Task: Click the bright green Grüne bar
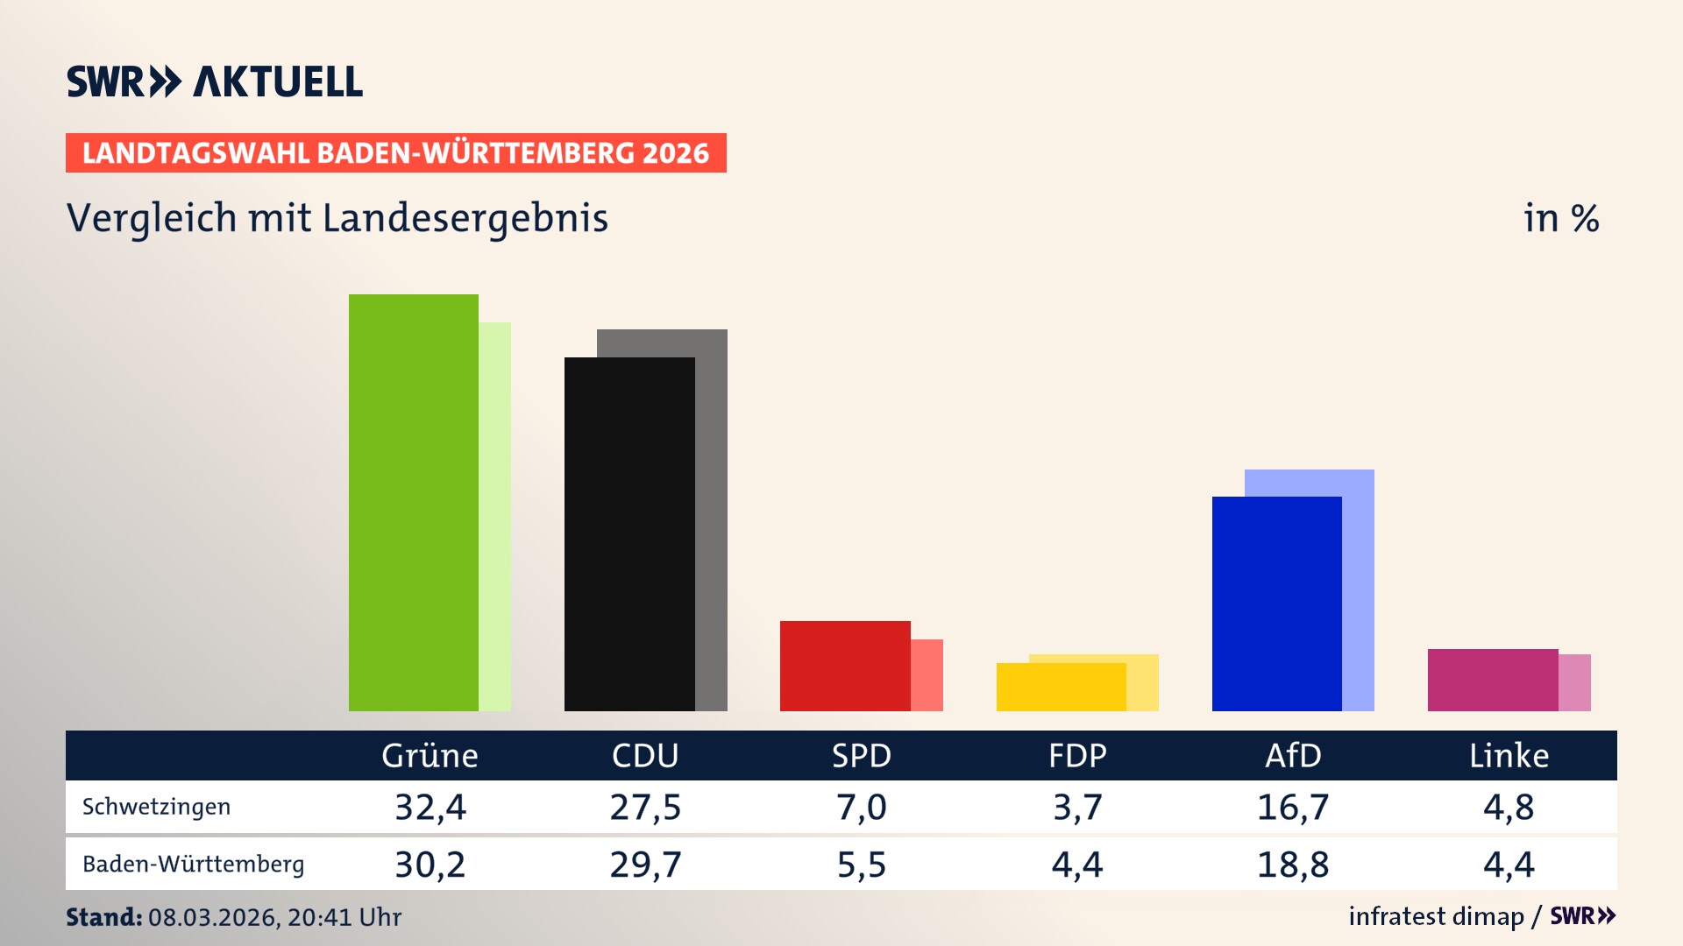click(x=413, y=503)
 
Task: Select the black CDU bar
click(x=629, y=534)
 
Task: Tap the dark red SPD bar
click(x=845, y=666)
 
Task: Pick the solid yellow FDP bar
click(x=1061, y=687)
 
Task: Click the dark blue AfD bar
click(x=1276, y=604)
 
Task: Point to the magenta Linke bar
click(x=1492, y=680)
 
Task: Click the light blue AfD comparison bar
click(x=1359, y=587)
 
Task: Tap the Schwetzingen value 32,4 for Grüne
click(x=430, y=807)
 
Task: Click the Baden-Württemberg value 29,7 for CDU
click(x=645, y=865)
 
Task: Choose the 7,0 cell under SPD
click(x=861, y=807)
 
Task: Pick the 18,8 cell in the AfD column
click(x=1293, y=865)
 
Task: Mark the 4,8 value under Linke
click(x=1509, y=807)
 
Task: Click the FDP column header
click(x=1077, y=755)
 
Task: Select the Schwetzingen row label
click(x=156, y=807)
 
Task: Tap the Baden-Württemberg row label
click(x=193, y=865)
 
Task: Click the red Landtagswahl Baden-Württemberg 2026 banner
click(x=395, y=153)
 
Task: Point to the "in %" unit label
click(x=1561, y=218)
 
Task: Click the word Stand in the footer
click(x=103, y=917)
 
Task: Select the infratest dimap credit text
click(x=1436, y=916)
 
